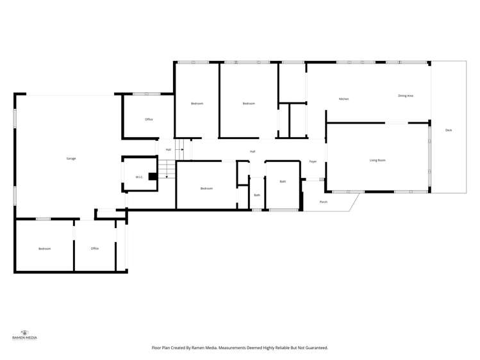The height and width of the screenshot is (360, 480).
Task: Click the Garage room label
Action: (x=71, y=158)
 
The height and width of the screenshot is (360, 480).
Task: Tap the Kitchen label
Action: (x=343, y=99)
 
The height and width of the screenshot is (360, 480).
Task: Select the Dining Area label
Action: (x=405, y=95)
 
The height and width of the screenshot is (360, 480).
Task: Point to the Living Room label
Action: (x=377, y=160)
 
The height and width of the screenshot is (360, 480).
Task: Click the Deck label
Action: (x=449, y=130)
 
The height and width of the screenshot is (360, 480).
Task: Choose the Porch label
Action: (x=324, y=202)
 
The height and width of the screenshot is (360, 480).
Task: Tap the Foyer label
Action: (x=313, y=161)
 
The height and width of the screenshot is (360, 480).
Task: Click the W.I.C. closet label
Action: (x=139, y=177)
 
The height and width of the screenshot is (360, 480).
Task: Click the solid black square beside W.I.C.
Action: (x=153, y=176)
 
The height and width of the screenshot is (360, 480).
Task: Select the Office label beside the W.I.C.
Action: (x=149, y=119)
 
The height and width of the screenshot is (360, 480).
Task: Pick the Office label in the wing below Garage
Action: (x=95, y=249)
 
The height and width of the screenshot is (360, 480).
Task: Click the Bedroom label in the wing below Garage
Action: (x=44, y=249)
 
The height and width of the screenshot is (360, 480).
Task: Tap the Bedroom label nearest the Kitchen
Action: (x=249, y=103)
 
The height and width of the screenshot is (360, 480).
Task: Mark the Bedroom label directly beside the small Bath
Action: (x=206, y=188)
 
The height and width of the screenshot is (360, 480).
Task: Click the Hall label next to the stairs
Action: (x=169, y=149)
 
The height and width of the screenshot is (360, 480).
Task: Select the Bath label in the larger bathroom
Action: (x=283, y=181)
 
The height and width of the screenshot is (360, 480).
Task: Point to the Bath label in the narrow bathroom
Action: (x=257, y=195)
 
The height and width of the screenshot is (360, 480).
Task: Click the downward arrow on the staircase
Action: (x=166, y=175)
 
